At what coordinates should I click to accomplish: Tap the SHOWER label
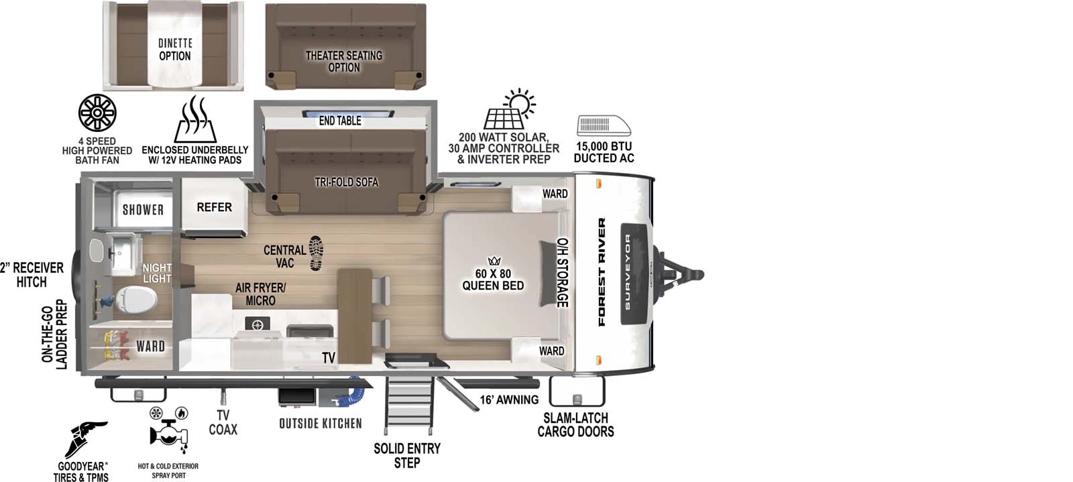coord(143,210)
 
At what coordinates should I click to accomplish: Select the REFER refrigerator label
coord(214,207)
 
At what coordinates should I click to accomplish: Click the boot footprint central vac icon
coord(316,253)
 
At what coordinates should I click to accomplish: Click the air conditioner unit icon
coord(604,126)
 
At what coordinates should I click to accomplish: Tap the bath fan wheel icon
coord(97,113)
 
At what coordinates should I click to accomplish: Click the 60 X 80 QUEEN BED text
coord(493,280)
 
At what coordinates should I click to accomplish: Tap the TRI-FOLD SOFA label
coord(346,182)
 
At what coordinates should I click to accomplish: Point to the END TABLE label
coord(340,121)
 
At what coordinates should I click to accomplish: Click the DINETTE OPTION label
coord(174,50)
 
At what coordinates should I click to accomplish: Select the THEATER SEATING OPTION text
coord(344,61)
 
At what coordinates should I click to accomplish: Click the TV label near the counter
coord(329,358)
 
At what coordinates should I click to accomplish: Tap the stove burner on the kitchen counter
coord(257,324)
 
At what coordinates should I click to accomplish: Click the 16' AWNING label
coord(509,400)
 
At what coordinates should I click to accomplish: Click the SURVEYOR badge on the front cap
coord(628,272)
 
